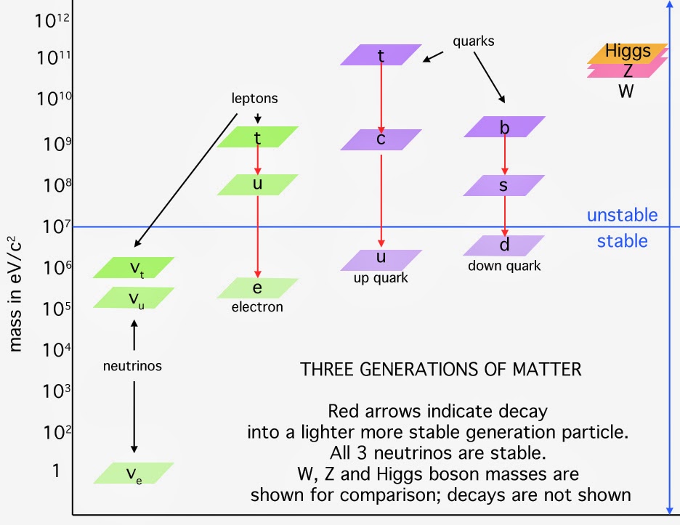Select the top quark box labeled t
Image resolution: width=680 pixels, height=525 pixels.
pos(381,55)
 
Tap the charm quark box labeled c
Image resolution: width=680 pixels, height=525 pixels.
pos(381,139)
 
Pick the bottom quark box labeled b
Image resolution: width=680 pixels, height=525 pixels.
pos(504,127)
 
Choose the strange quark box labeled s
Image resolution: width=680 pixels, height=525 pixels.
pos(504,186)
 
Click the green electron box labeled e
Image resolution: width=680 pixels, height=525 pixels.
pos(257,288)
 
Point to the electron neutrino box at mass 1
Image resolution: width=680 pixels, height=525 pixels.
pos(134,473)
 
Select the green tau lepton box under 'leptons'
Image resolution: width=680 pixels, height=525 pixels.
pos(257,137)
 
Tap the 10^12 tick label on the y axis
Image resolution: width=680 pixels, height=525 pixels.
pos(53,20)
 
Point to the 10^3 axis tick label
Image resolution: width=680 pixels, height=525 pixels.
pos(53,392)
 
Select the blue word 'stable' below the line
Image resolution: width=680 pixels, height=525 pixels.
pos(622,241)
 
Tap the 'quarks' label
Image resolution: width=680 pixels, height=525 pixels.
pos(473,41)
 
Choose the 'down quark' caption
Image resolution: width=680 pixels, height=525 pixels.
pos(504,266)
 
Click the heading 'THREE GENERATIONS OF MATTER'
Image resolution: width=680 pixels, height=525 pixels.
pos(441,369)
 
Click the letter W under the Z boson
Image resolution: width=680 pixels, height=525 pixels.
pos(626,91)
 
